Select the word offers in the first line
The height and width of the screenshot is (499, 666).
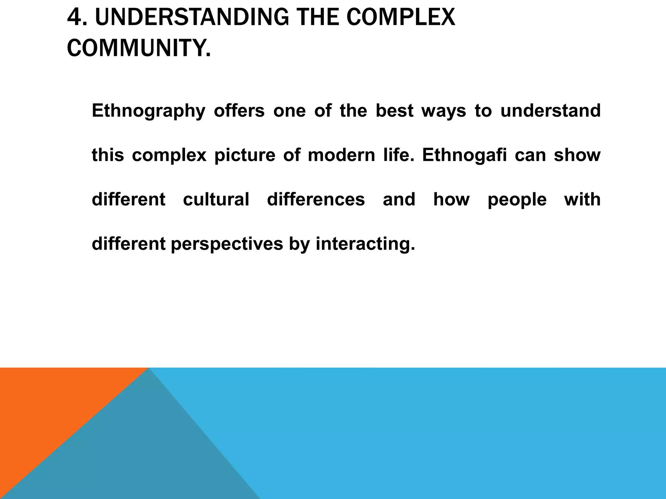[x=239, y=110]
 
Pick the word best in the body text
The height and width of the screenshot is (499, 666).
[x=394, y=110]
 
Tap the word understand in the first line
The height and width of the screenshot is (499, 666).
[x=550, y=110]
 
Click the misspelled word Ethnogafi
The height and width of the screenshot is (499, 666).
[x=464, y=155]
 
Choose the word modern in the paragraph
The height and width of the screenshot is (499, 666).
[x=341, y=155]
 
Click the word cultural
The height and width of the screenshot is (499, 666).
[x=216, y=199]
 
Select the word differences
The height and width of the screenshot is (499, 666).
[x=316, y=199]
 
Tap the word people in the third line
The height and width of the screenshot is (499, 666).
[x=517, y=200]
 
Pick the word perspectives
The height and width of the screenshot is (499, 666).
[x=227, y=244]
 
